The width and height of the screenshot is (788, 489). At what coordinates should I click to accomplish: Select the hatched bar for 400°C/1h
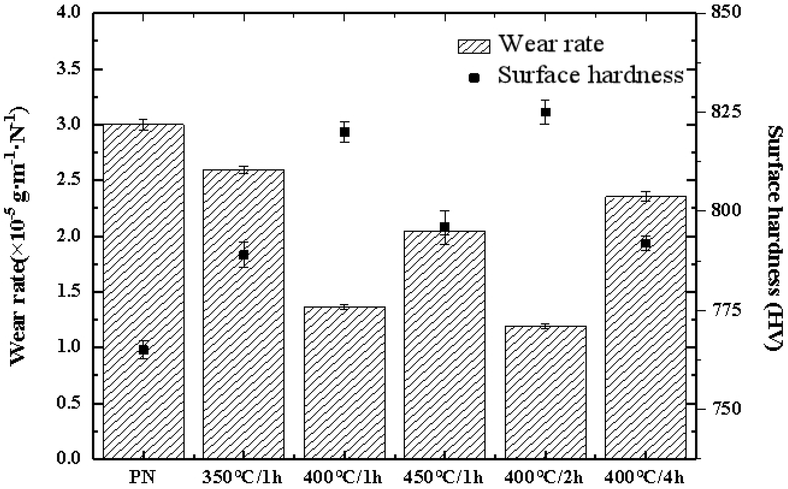[x=344, y=382]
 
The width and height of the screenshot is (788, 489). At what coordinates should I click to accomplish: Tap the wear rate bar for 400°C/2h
[x=545, y=391]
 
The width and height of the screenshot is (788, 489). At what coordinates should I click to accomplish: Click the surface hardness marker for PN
[x=143, y=350]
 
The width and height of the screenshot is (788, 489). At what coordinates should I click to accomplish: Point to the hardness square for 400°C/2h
[x=545, y=112]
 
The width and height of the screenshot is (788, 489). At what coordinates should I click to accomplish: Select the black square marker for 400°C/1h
[x=344, y=132]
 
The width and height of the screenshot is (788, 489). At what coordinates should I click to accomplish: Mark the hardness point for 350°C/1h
[x=244, y=255]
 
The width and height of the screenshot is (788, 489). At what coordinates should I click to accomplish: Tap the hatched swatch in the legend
[x=474, y=46]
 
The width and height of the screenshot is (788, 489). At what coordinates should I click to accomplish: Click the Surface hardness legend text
[x=591, y=75]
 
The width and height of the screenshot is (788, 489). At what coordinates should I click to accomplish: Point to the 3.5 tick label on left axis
[x=68, y=69]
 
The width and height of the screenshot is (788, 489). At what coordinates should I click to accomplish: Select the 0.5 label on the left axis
[x=68, y=403]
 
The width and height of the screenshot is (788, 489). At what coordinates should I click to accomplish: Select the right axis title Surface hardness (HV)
[x=775, y=238]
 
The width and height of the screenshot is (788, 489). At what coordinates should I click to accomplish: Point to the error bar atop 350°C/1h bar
[x=244, y=170]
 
